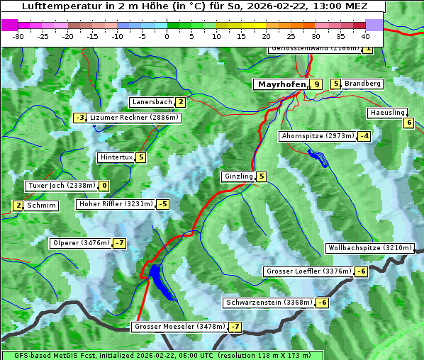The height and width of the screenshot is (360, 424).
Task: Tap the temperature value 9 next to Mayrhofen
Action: (x=316, y=84)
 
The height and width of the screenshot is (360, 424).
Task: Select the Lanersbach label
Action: (x=152, y=102)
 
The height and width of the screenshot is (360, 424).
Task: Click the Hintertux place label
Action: (x=117, y=157)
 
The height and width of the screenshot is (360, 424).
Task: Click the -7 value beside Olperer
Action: (x=119, y=243)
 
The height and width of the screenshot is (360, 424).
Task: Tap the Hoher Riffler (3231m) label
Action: (x=115, y=204)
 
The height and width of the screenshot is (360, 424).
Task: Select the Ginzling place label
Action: (x=238, y=176)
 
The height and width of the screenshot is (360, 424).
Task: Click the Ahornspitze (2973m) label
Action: (x=318, y=135)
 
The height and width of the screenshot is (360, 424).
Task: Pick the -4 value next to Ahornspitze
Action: (x=364, y=135)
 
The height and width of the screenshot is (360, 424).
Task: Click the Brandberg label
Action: (x=363, y=84)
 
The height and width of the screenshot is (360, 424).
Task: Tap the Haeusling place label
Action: (x=387, y=113)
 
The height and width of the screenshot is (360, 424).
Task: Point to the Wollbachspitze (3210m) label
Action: (x=369, y=248)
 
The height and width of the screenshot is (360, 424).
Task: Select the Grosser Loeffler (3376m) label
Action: (x=308, y=271)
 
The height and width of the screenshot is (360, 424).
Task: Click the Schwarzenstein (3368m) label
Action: (x=267, y=303)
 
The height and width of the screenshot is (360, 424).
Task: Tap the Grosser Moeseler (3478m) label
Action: (x=179, y=327)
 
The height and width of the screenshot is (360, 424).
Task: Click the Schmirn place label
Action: (x=41, y=206)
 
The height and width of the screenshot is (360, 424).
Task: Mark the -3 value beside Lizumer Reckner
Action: (x=80, y=118)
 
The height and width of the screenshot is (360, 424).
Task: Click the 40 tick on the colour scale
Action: (x=364, y=35)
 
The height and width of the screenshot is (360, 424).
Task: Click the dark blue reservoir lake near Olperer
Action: (x=157, y=279)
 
